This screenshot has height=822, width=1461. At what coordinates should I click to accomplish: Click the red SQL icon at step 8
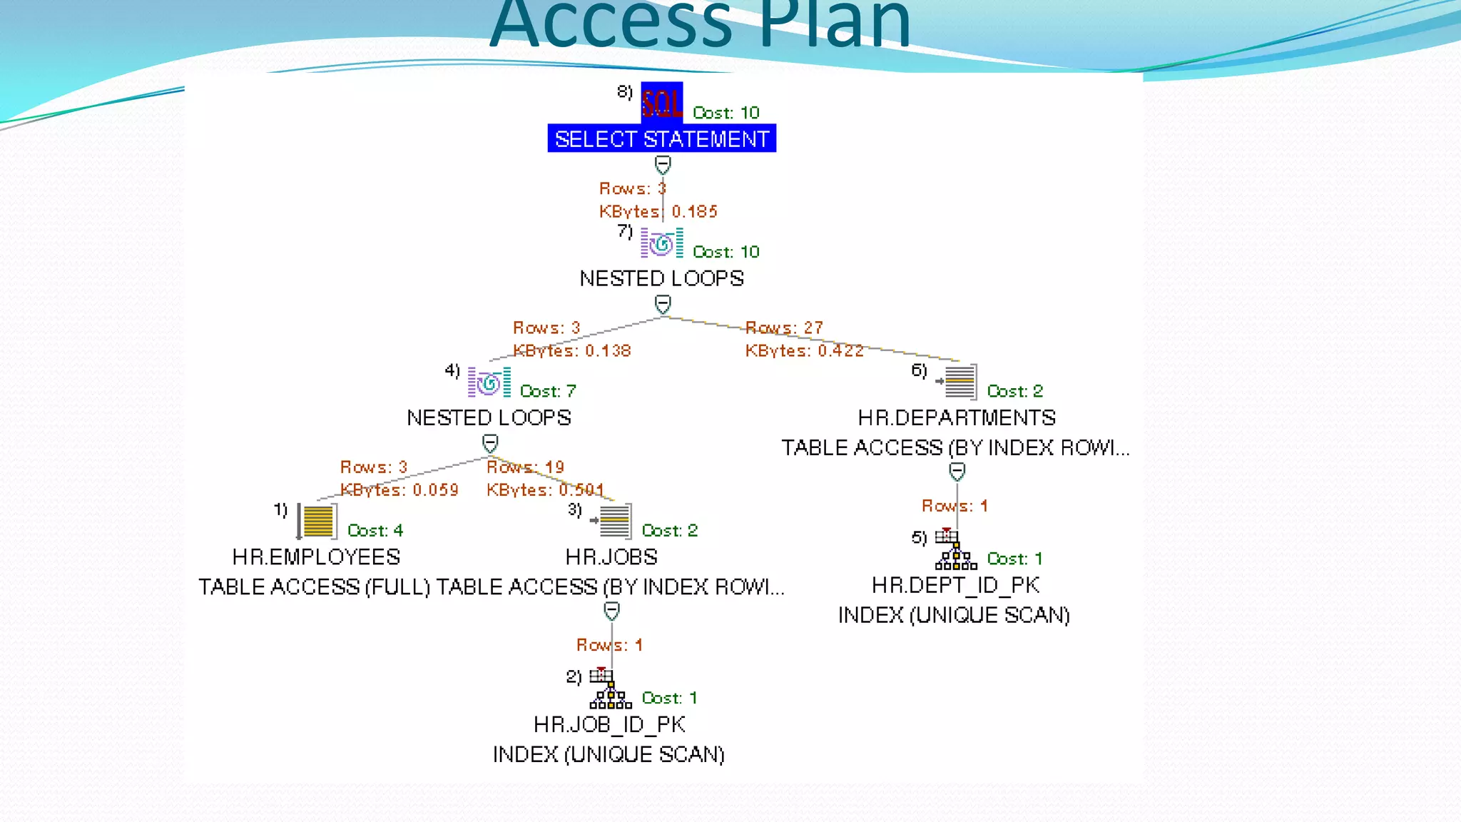(x=661, y=103)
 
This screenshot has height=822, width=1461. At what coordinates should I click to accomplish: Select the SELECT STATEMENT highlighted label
(x=661, y=138)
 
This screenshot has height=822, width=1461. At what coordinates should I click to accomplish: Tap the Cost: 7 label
(x=548, y=391)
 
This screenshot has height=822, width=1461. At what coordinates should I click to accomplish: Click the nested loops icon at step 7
(x=661, y=243)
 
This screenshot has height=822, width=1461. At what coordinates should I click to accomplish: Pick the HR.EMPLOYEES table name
(x=316, y=557)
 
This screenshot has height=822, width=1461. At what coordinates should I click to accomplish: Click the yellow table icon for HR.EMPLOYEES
(x=317, y=521)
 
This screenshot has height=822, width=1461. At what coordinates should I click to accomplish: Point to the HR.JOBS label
(x=611, y=557)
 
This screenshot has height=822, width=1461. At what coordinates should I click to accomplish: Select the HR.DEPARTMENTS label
(x=956, y=417)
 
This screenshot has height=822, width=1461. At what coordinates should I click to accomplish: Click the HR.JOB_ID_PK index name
(x=609, y=724)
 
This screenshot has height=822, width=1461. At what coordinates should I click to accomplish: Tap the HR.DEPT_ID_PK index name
(x=955, y=585)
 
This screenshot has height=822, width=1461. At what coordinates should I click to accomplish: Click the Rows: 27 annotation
(x=784, y=328)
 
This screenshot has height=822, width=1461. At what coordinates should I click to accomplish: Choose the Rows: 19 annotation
(x=525, y=467)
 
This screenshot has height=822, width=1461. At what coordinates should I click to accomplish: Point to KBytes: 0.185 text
(x=658, y=211)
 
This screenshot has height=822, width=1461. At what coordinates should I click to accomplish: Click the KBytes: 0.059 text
(x=399, y=490)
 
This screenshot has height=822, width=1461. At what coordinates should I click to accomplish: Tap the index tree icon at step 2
(x=609, y=689)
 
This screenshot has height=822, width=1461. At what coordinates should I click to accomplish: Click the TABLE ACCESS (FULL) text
(x=315, y=587)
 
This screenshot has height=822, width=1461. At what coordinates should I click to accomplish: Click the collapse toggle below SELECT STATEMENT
(x=663, y=166)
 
